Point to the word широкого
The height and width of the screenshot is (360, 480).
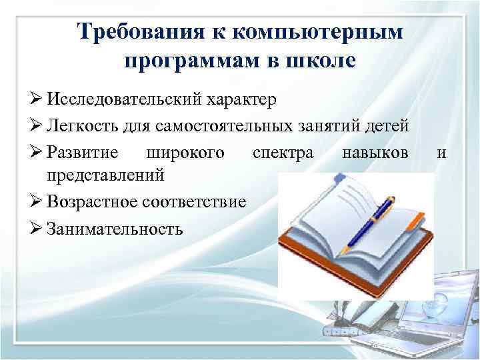point(183,152)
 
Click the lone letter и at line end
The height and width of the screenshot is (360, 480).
point(441,152)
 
